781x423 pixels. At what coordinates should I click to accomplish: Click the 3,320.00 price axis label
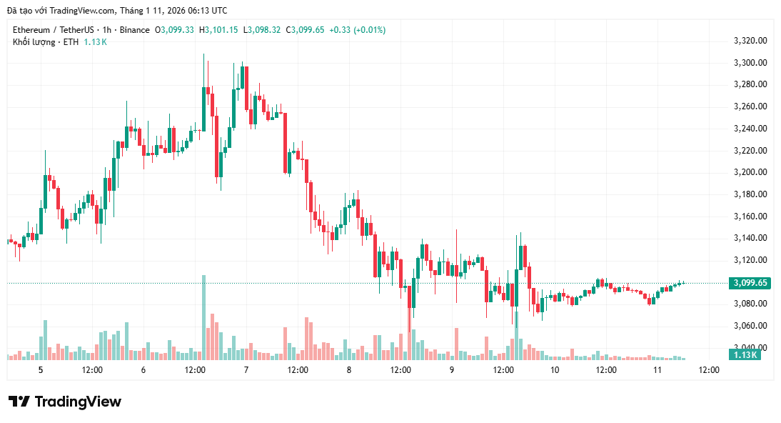(750, 41)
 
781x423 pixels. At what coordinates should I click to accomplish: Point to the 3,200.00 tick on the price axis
(750, 172)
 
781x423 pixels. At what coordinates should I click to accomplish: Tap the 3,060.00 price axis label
(750, 326)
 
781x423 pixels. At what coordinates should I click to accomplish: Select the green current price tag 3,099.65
(750, 283)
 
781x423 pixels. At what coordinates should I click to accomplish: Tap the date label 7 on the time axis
(246, 370)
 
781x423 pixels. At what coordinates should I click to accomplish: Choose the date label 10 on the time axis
(555, 370)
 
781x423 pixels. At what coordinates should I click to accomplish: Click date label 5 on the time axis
(41, 370)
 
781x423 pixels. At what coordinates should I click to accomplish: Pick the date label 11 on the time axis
(657, 370)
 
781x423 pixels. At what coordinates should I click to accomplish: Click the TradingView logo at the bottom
(65, 402)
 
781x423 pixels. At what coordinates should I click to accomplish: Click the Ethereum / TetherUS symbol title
(54, 30)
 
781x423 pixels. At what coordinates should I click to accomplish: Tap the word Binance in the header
(135, 30)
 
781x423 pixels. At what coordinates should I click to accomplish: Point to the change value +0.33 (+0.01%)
(357, 30)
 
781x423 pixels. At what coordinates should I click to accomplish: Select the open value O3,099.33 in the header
(174, 30)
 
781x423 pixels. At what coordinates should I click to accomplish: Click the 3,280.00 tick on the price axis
(750, 84)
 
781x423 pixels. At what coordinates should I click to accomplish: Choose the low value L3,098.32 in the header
(263, 30)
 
